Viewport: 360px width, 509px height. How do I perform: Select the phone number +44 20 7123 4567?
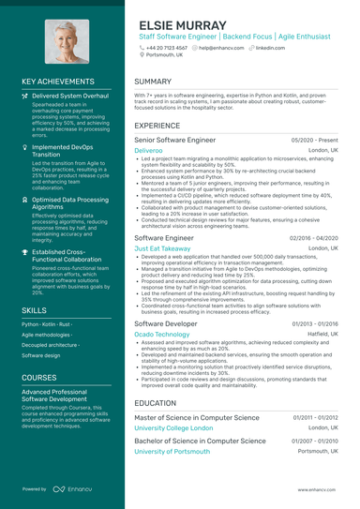click(x=167, y=46)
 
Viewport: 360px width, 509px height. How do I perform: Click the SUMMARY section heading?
click(x=153, y=82)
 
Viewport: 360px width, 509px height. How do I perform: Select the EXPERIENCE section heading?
click(x=157, y=124)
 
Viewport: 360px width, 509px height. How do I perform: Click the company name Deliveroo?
click(x=148, y=150)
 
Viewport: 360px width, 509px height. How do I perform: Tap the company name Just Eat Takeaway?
click(x=163, y=248)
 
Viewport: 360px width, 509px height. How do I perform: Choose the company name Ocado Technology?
click(x=161, y=334)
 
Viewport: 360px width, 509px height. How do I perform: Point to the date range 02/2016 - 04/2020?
click(x=314, y=238)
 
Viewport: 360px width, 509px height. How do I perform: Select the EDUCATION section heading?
click(x=155, y=402)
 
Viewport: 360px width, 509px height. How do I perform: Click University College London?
click(x=174, y=427)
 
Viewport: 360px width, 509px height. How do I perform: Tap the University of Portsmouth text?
click(x=171, y=451)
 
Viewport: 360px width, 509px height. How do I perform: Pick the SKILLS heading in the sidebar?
click(x=34, y=308)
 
